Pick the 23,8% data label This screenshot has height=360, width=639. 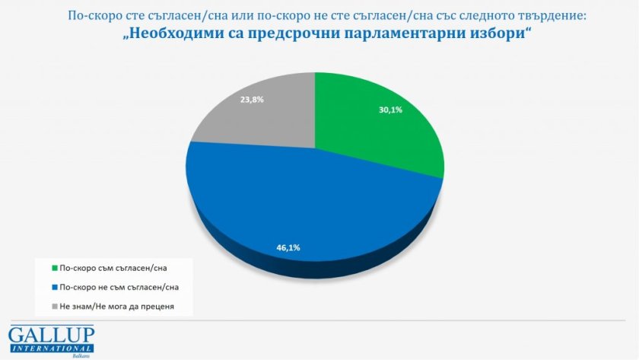251,99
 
